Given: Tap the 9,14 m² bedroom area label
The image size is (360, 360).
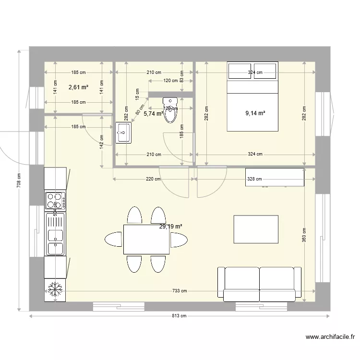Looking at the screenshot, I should tap(255, 114).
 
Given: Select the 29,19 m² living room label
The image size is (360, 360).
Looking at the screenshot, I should tap(171, 227).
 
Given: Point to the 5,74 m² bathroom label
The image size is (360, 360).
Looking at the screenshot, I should tap(154, 114).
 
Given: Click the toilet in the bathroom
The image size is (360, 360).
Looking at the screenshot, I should tap(170, 109).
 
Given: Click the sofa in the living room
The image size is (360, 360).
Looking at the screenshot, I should tap(260, 284).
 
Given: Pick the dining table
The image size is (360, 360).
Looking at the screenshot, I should tap(146, 239).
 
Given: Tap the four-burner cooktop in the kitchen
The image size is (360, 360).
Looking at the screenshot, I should tap(56, 200).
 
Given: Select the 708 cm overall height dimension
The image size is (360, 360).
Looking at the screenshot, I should tap(19, 181).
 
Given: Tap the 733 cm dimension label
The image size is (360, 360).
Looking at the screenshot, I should tap(180, 291).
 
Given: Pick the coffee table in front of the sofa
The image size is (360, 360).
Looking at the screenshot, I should tap(256, 229).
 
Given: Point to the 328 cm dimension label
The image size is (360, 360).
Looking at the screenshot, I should tap(255, 179).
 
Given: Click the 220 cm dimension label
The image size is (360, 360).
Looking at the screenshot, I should tap(154, 179).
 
